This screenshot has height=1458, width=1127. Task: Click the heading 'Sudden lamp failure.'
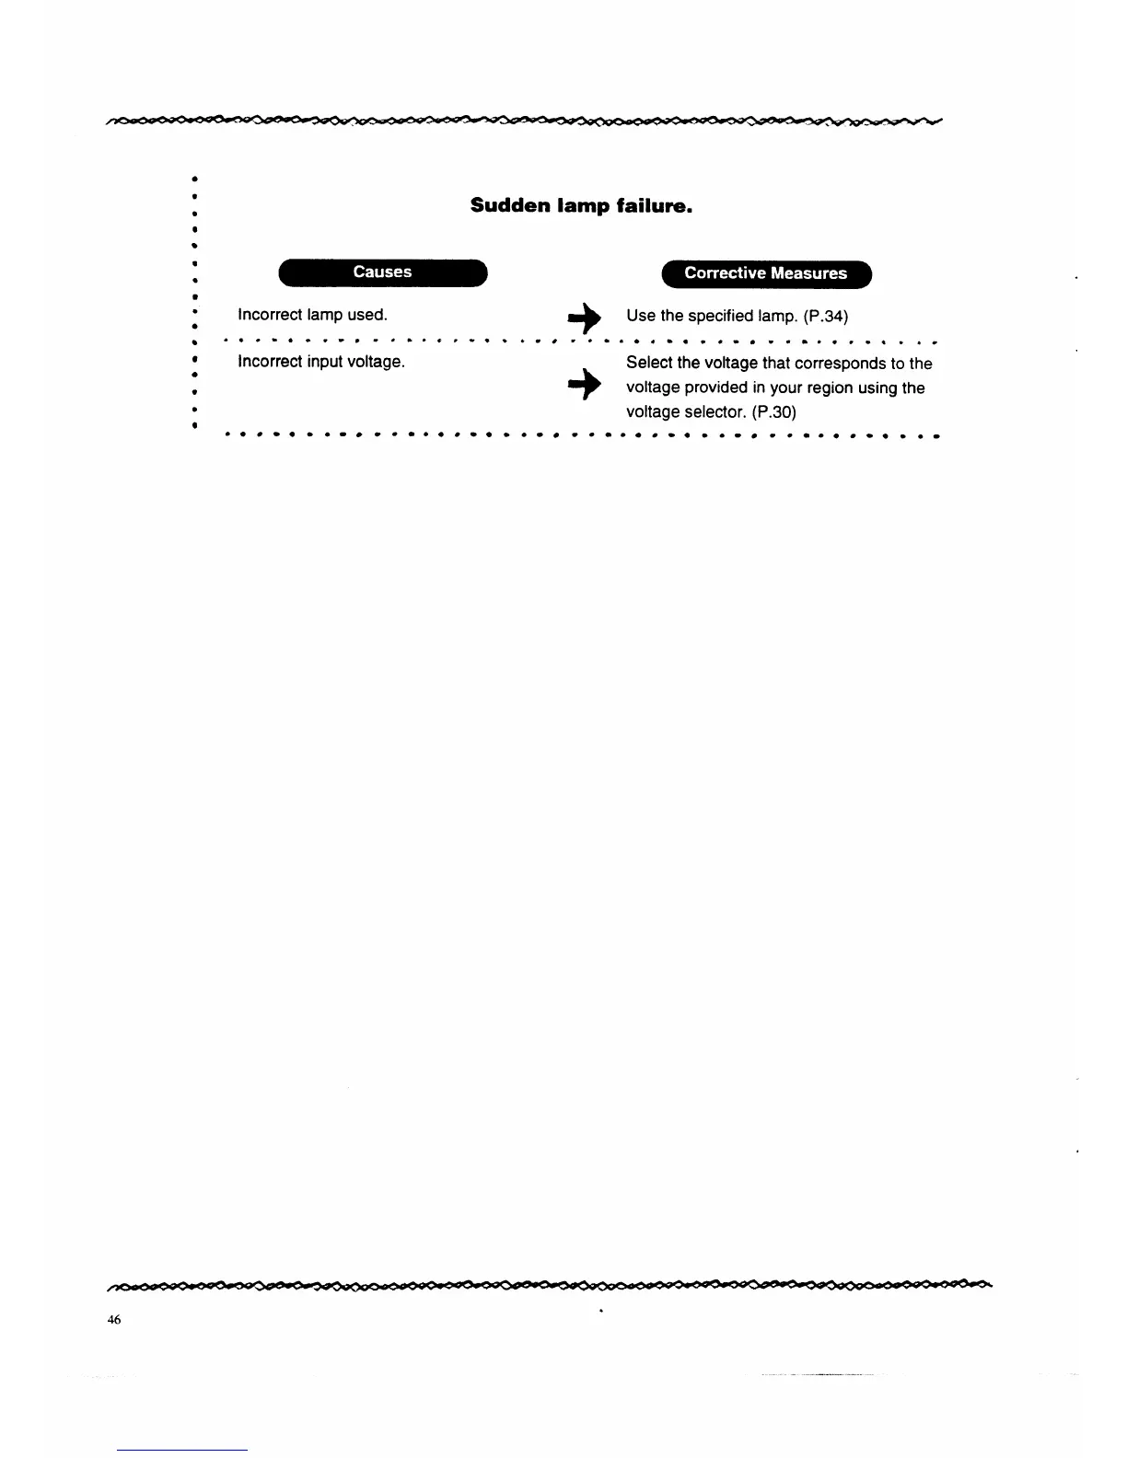pyautogui.click(x=581, y=205)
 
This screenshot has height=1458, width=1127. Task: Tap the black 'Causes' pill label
pyautogui.click(x=382, y=272)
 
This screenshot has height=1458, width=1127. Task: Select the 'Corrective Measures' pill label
pyautogui.click(x=765, y=273)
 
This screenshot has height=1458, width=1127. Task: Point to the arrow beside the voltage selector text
pyautogui.click(x=584, y=388)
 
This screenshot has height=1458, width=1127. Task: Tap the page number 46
pyautogui.click(x=113, y=1319)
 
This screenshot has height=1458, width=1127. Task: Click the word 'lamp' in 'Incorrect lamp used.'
pyautogui.click(x=325, y=315)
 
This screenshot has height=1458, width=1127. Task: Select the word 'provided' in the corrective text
pyautogui.click(x=715, y=388)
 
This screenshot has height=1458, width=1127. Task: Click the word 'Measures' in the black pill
pyautogui.click(x=809, y=273)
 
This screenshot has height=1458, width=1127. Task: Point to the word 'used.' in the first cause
pyautogui.click(x=367, y=315)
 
